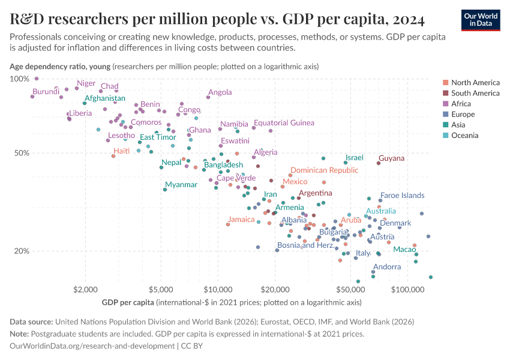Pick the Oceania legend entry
[464, 136]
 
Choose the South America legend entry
[475, 93]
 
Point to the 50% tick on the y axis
[18, 153]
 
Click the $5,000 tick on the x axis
[160, 289]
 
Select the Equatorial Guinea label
[284, 123]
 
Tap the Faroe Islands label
[402, 196]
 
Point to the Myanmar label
[181, 185]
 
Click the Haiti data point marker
[113, 156]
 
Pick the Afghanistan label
[105, 98]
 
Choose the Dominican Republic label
[324, 170]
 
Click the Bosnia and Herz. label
[305, 245]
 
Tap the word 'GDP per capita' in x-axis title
[128, 302]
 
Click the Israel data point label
[355, 158]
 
